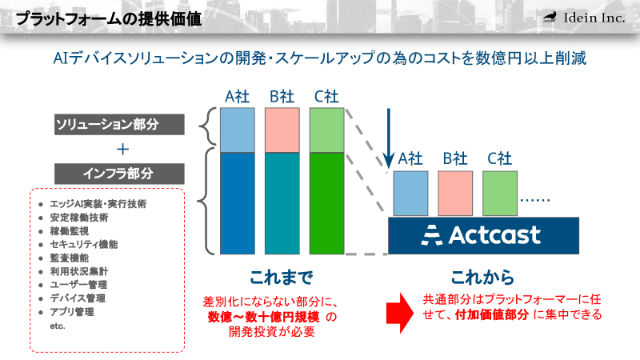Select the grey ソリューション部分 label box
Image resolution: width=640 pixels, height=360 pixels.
click(x=120, y=125)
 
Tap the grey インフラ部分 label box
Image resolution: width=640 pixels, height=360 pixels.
click(x=120, y=172)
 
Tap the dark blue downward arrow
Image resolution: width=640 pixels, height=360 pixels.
click(x=390, y=132)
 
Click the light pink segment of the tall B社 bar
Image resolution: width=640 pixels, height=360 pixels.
click(x=282, y=130)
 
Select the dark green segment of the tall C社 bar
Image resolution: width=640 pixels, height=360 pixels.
click(x=327, y=202)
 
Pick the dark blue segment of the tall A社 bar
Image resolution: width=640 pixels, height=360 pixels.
click(x=238, y=202)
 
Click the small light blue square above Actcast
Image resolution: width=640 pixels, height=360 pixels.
click(x=410, y=193)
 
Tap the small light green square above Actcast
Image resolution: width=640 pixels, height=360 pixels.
click(x=499, y=193)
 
